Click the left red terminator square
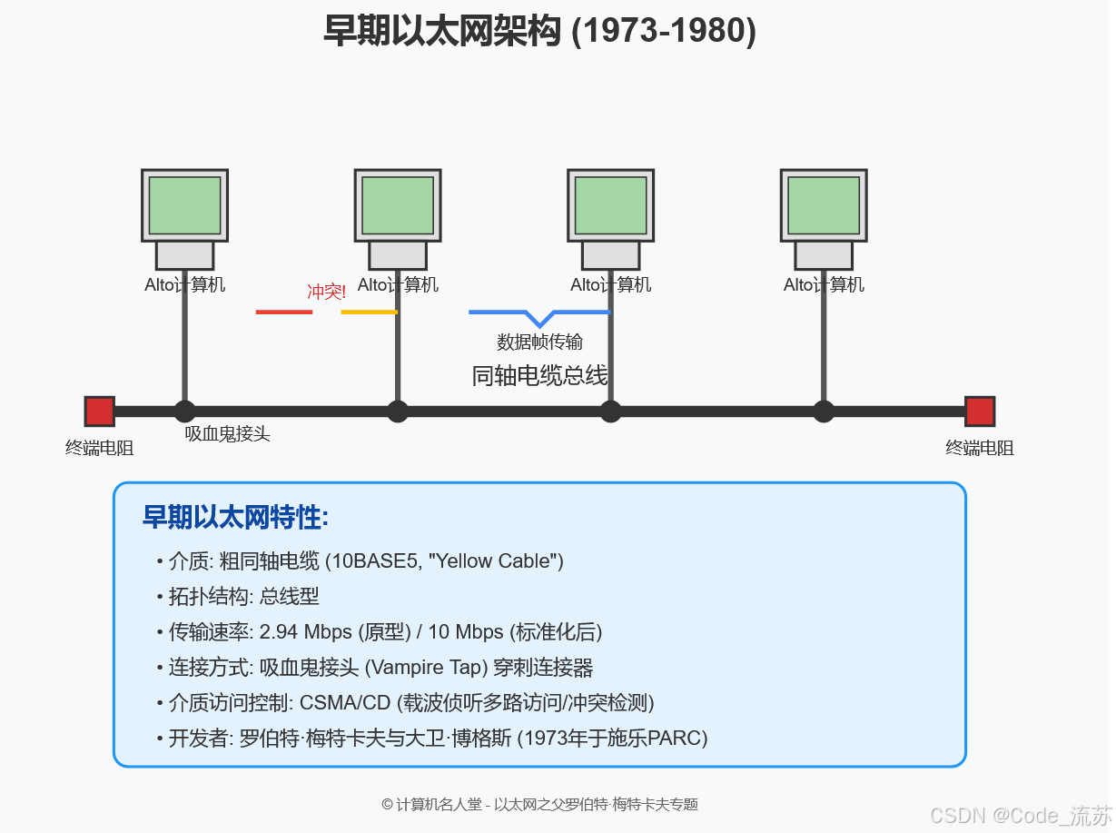[99, 412]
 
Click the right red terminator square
[979, 412]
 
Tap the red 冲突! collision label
[327, 292]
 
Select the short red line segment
[284, 312]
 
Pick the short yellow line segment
[369, 312]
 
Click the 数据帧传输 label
[539, 342]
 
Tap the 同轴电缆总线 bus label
[539, 375]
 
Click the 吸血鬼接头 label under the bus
[227, 434]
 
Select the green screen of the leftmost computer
[184, 205]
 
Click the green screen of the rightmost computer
[824, 205]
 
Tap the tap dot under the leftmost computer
[184, 412]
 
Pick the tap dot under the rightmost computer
[824, 412]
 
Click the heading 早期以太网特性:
[235, 518]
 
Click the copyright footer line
[539, 805]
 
